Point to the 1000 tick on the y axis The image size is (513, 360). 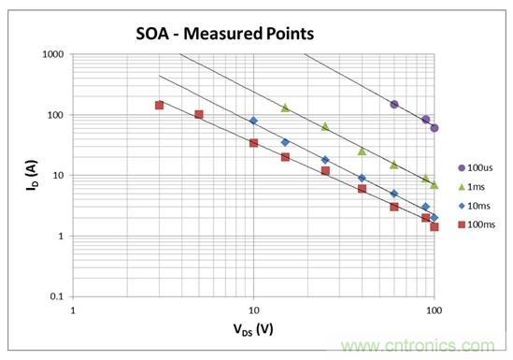coord(53,55)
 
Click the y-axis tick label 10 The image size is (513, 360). coord(59,176)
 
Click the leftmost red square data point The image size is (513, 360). coord(159,105)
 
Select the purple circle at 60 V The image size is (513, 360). coord(394,105)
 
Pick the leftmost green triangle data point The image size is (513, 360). coord(285,108)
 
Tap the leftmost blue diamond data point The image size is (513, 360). coord(253,121)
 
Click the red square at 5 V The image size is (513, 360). coord(199,114)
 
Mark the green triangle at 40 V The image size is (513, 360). coord(362,151)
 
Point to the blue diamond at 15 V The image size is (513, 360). coord(285,142)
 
